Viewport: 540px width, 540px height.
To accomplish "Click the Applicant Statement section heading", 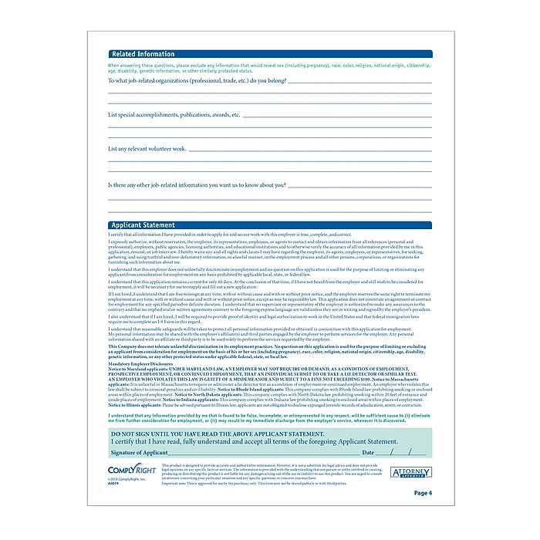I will point(143,225).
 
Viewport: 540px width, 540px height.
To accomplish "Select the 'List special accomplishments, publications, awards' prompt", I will point(174,114).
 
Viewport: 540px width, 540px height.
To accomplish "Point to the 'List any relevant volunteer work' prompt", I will point(147,148).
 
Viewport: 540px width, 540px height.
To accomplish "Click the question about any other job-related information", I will point(197,185).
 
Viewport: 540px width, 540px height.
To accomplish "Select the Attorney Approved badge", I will point(410,471).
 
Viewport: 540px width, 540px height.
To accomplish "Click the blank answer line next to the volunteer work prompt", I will point(309,150).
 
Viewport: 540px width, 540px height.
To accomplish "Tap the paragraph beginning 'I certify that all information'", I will point(230,235).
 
